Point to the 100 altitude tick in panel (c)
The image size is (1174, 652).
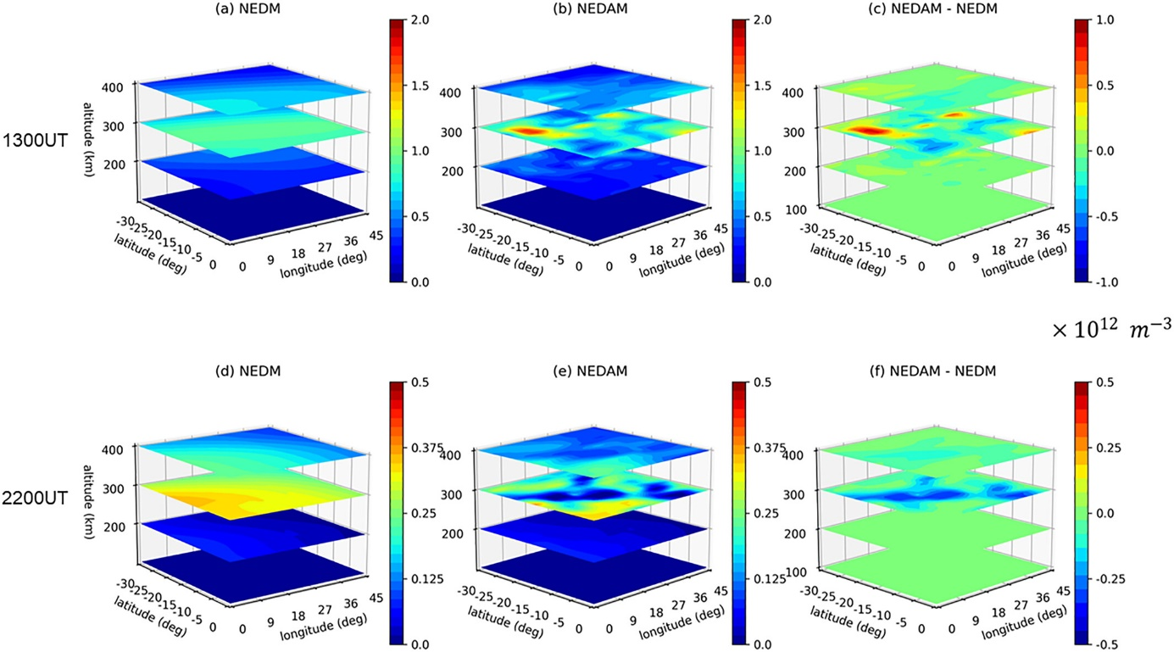click(806, 206)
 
